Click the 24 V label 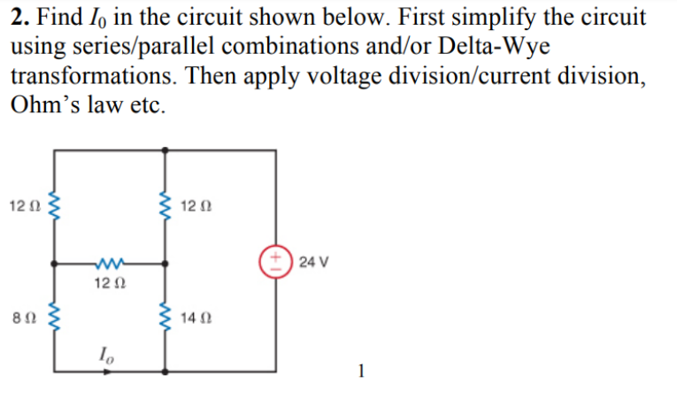coord(314,262)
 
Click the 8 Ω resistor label coord(24,317)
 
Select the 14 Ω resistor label coord(194,317)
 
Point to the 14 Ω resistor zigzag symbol coord(165,316)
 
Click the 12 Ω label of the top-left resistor coord(23,207)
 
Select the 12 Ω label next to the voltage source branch coord(194,207)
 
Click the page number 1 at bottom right coord(360,370)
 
